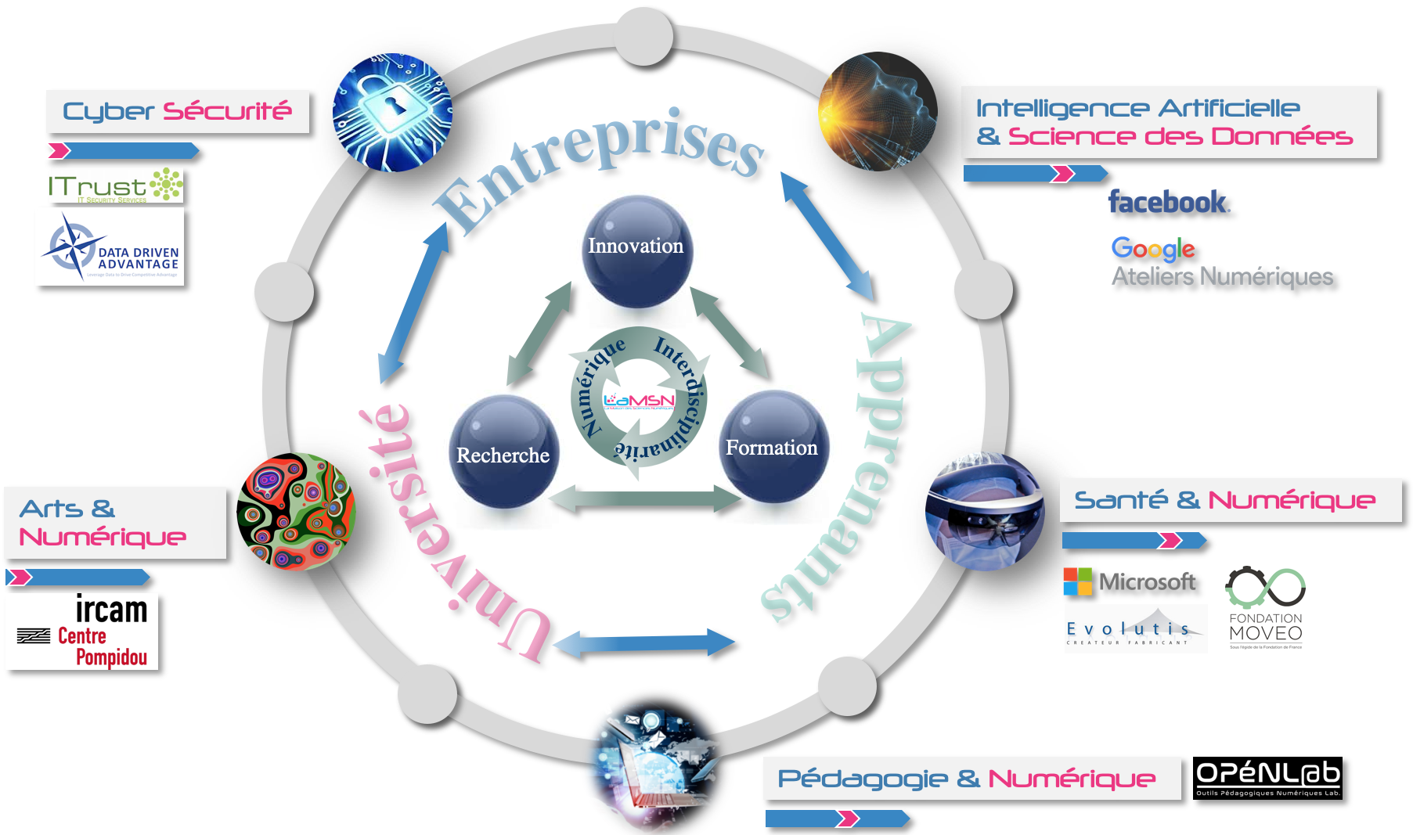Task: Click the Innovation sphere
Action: [x=636, y=250]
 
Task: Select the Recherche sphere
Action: [x=504, y=452]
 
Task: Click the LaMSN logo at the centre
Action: [x=639, y=401]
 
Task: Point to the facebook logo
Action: [x=1168, y=203]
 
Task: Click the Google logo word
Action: [x=1153, y=249]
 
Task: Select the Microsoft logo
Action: [x=1130, y=581]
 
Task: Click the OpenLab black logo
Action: [x=1267, y=778]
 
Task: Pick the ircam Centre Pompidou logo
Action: [x=83, y=632]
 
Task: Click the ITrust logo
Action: [x=115, y=186]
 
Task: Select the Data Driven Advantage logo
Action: [x=110, y=248]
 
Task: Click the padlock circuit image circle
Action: [x=392, y=113]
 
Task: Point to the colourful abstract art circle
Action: [x=296, y=512]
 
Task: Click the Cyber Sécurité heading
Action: [x=177, y=112]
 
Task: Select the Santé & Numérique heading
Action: [x=1225, y=500]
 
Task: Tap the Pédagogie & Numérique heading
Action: [x=967, y=779]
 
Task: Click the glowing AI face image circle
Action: [x=878, y=111]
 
